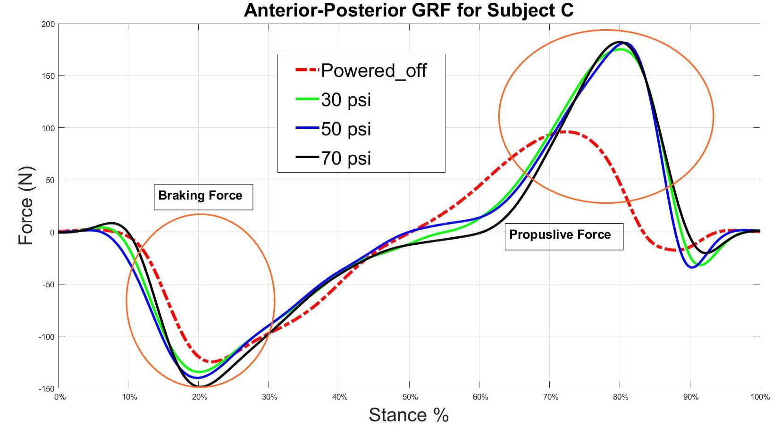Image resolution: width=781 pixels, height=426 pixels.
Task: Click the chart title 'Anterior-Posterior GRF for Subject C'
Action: coord(409,10)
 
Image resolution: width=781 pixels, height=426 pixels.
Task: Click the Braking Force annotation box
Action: coord(203,196)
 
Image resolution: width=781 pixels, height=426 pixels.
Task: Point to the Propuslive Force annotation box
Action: coord(563,235)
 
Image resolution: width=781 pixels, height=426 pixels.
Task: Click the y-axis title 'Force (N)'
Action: coord(26,206)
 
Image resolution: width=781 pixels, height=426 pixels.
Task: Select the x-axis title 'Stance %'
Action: coord(408,415)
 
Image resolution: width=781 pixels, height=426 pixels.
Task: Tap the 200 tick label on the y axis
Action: coord(48,24)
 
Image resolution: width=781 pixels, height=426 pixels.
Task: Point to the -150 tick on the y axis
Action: coord(47,389)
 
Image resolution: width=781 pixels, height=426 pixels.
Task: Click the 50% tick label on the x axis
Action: coord(410,397)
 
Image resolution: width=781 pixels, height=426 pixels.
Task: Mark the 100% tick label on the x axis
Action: coord(760,397)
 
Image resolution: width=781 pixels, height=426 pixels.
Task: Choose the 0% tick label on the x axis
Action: coord(60,397)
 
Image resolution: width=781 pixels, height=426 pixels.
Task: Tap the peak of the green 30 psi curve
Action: coord(620,49)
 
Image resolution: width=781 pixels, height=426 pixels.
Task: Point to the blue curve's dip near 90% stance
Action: coord(692,267)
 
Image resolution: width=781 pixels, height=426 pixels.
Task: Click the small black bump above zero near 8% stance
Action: coord(112,223)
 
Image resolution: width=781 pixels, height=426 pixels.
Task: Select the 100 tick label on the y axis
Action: coord(48,128)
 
